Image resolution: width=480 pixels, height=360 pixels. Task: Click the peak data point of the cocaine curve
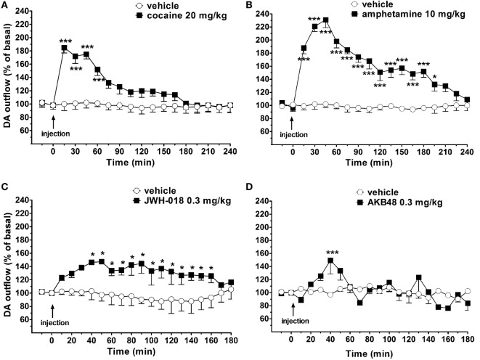tap(64, 48)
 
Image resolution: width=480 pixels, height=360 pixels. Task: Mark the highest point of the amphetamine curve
tap(326, 20)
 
